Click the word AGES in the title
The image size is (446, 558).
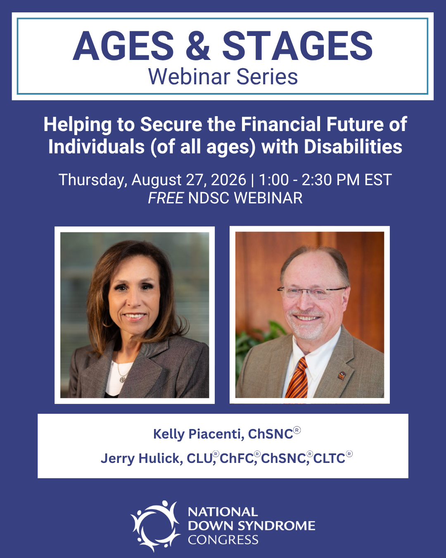pos(123,45)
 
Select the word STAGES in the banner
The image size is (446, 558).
pos(297,45)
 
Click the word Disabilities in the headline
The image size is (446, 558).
pos(353,147)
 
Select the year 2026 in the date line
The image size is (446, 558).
pos(228,179)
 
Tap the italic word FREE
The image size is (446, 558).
pos(166,198)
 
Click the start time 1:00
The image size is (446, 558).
pos(274,179)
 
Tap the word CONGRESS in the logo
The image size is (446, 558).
pos(223,540)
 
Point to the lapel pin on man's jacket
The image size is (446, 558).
pos(342,376)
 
